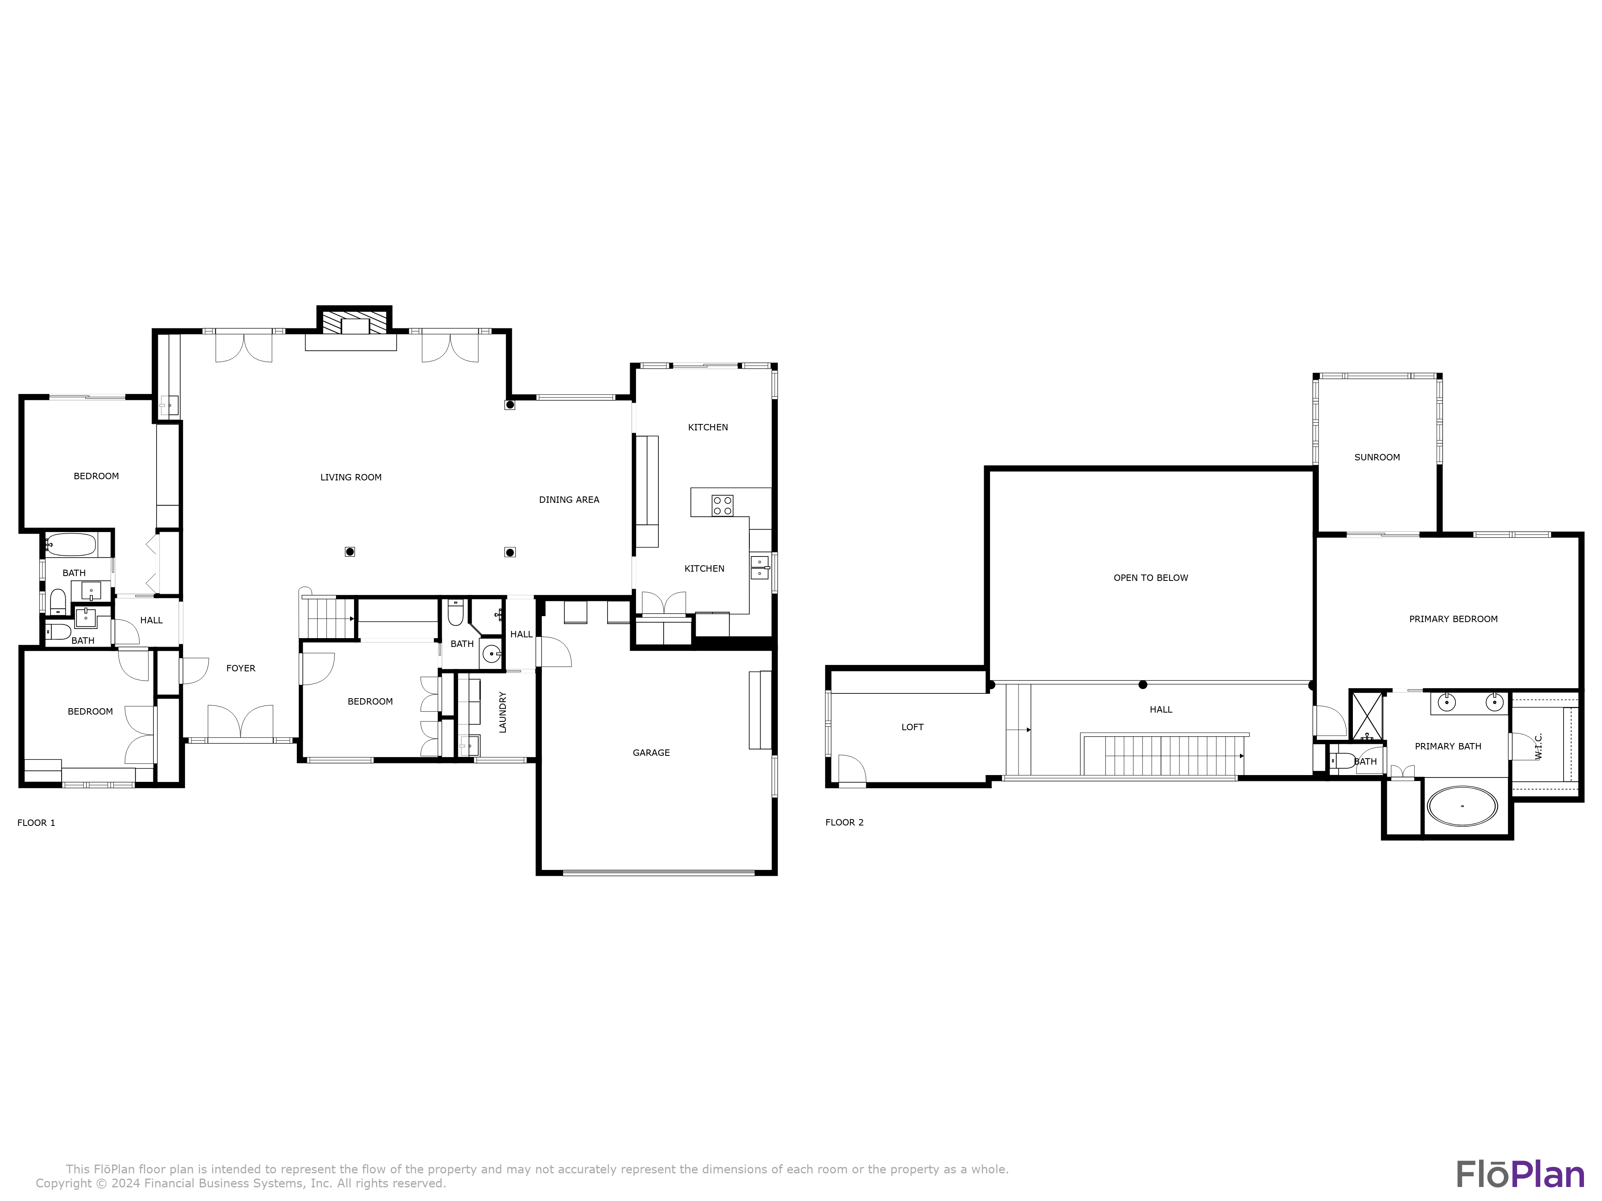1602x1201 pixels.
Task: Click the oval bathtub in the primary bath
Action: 1461,806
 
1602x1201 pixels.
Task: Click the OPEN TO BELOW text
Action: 1150,578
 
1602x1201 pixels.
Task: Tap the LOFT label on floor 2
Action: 912,727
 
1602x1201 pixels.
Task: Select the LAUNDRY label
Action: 503,712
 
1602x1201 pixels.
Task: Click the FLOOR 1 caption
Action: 36,822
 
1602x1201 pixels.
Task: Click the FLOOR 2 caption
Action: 844,822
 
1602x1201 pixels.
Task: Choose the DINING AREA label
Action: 569,500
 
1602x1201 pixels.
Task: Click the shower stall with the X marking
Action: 1367,716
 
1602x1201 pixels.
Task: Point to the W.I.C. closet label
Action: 1538,746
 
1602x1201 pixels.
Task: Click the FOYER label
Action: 240,668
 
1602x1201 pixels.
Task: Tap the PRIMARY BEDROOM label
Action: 1453,619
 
